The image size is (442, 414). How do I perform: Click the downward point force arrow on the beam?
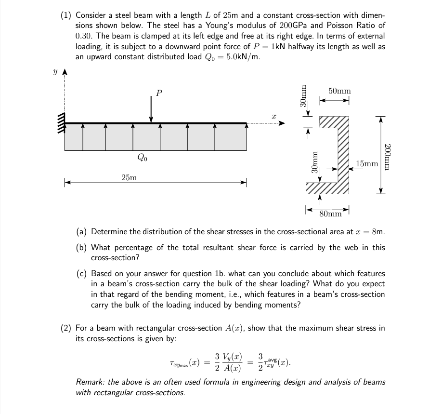point(152,108)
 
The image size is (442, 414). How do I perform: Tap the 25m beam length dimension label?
point(129,178)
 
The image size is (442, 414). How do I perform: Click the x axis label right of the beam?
point(273,116)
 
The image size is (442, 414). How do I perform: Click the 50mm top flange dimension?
point(339,91)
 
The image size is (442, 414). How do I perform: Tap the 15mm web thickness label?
point(367,164)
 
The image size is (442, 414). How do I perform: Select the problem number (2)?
point(66,329)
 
